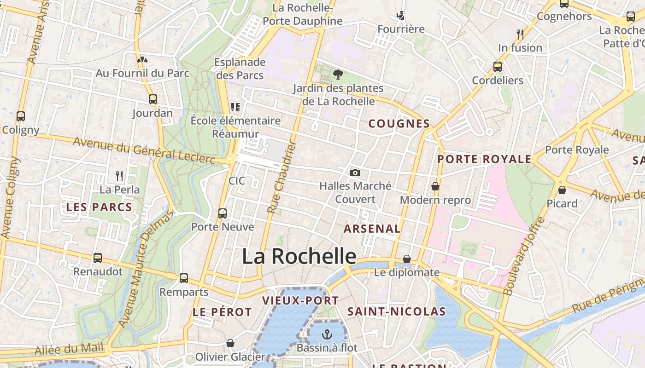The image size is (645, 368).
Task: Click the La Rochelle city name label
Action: point(299,256)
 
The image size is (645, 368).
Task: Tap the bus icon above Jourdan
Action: point(153,99)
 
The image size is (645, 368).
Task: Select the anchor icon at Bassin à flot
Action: point(327,334)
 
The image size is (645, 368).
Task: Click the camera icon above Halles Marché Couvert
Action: point(355,173)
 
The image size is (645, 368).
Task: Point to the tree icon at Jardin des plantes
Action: point(338,75)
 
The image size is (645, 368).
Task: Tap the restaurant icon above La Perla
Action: point(119,176)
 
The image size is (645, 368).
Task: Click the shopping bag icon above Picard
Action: point(562,190)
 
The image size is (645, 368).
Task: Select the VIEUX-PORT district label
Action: point(300,301)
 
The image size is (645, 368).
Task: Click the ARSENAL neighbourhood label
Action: point(372,229)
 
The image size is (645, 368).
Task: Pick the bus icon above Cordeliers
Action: point(498,67)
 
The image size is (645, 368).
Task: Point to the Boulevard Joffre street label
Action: point(524,256)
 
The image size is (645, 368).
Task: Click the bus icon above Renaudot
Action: point(98,258)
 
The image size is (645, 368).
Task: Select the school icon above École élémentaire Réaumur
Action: point(235,107)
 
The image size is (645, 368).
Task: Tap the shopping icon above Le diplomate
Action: point(406,259)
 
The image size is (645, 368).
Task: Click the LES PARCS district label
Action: point(99,207)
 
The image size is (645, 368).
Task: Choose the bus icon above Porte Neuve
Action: point(223,213)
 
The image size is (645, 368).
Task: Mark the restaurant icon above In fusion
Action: point(520,34)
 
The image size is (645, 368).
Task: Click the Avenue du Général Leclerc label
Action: point(144,150)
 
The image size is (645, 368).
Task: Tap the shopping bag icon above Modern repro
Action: point(435,186)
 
